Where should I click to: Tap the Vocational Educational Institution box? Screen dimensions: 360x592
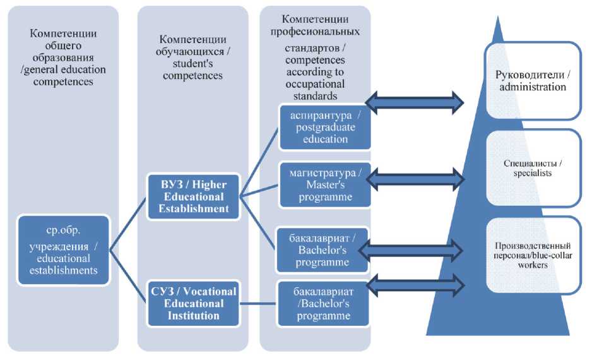[x=193, y=303]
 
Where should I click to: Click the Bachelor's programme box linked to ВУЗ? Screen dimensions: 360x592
[x=321, y=248]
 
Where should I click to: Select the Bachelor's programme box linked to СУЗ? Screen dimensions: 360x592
[x=321, y=303]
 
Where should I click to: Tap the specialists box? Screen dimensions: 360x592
[x=533, y=168]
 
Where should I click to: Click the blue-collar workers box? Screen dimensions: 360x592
[x=533, y=255]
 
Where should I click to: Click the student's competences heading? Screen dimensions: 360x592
[x=193, y=57]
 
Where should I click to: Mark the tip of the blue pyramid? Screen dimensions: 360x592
[x=497, y=18]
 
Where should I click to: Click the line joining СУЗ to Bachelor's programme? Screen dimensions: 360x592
[x=258, y=303]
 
